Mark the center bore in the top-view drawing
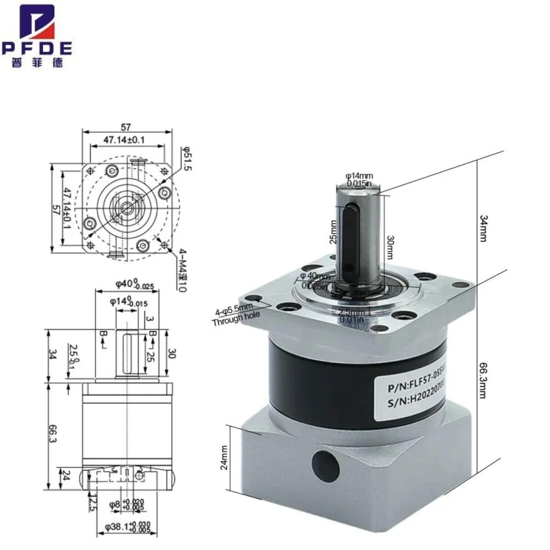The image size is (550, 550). point(127,208)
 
